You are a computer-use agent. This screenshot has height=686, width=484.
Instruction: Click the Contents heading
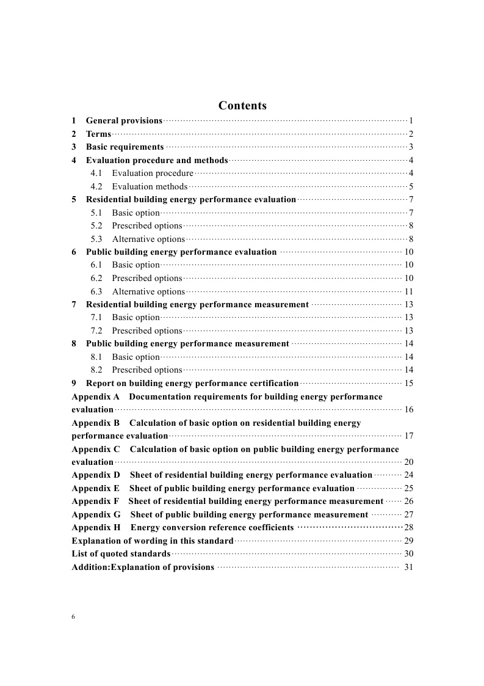[x=242, y=106]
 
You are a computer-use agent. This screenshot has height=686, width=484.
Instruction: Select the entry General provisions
[x=124, y=121]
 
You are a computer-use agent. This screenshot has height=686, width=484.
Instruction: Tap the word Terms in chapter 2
[x=98, y=134]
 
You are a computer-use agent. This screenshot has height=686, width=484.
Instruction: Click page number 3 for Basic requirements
[x=411, y=147]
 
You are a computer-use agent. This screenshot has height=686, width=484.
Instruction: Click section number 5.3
[x=96, y=239]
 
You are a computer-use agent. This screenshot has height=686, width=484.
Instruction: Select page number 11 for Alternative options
[x=408, y=292]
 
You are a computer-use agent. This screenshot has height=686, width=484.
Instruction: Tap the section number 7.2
[x=96, y=331]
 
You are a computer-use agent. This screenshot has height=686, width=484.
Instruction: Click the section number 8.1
[x=96, y=357]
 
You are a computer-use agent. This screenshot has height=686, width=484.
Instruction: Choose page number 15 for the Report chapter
[x=408, y=384]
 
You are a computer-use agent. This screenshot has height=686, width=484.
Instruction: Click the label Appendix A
[x=95, y=397]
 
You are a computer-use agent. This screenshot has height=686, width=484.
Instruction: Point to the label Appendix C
[x=96, y=450]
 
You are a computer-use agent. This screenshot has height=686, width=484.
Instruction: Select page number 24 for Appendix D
[x=408, y=475]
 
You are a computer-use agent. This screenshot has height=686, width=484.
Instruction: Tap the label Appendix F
[x=95, y=502]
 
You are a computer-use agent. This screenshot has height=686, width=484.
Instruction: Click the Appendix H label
[x=96, y=528]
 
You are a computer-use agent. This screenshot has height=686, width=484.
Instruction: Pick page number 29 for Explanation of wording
[x=408, y=541]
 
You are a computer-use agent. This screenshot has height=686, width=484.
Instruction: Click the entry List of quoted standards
[x=121, y=554]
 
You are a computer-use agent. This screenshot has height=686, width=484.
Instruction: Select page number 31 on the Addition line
[x=408, y=567]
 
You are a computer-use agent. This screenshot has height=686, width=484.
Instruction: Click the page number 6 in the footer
[x=73, y=617]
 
